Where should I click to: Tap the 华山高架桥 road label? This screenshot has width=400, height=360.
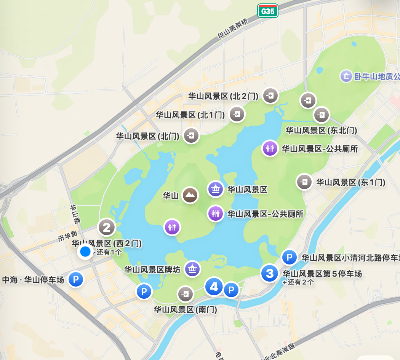pyautogui.click(x=233, y=29)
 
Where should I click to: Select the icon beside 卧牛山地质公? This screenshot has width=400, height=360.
pyautogui.click(x=346, y=76)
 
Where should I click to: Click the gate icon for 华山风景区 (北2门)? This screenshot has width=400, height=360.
pyautogui.click(x=270, y=96)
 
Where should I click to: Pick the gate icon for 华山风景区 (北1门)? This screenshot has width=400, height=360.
pyautogui.click(x=237, y=114)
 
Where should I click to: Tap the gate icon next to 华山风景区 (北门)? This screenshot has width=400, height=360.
pyautogui.click(x=191, y=135)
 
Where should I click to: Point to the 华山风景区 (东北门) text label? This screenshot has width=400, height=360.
pyautogui.click(x=321, y=131)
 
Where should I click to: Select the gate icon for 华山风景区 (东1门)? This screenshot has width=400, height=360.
pyautogui.click(x=304, y=182)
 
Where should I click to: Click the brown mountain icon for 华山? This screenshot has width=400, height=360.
pyautogui.click(x=190, y=195)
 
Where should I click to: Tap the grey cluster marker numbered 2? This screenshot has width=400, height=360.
pyautogui.click(x=107, y=228)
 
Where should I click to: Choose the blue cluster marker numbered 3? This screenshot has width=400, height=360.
pyautogui.click(x=270, y=273)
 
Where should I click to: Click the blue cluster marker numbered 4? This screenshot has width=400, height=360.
pyautogui.click(x=214, y=286)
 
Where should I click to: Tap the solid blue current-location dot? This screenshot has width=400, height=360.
pyautogui.click(x=85, y=252)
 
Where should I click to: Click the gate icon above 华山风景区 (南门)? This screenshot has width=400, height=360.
pyautogui.click(x=186, y=294)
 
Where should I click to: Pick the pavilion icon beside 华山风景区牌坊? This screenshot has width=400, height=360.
pyautogui.click(x=192, y=269)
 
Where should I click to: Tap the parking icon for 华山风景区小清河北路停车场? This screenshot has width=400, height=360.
pyautogui.click(x=289, y=258)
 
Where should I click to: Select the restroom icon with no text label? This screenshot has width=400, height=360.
pyautogui.click(x=172, y=227)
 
